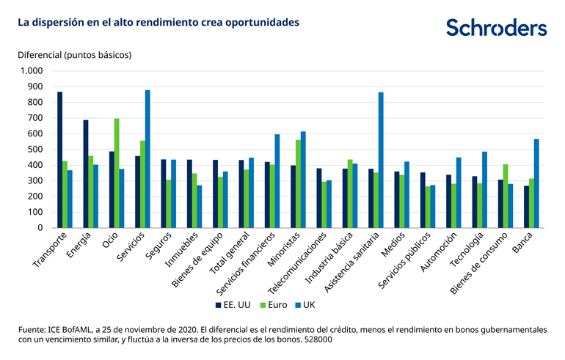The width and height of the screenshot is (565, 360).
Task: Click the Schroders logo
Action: [496, 28]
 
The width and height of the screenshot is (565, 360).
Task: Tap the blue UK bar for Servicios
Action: [147, 159]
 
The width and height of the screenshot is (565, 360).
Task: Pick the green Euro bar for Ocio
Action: [116, 173]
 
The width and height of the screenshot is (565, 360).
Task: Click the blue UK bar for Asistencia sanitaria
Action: [381, 160]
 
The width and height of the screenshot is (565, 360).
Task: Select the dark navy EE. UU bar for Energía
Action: [86, 174]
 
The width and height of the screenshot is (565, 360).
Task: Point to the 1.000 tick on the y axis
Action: [32, 71]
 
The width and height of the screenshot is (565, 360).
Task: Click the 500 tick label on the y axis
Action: [35, 150]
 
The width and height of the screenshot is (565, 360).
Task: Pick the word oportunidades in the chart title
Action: [261, 22]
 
